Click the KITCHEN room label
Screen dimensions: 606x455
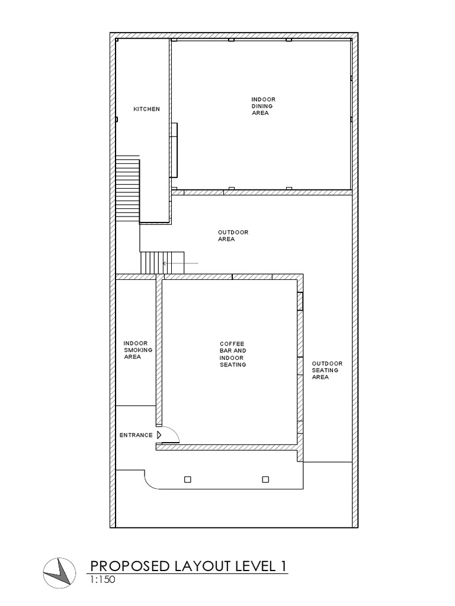[x=146, y=109]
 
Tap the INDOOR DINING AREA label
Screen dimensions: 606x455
[x=263, y=106]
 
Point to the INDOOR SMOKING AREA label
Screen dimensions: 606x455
[x=138, y=350]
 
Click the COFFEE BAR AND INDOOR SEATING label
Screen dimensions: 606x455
[x=232, y=354]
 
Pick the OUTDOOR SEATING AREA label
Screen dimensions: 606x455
[x=327, y=370]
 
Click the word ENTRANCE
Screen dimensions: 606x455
[x=136, y=435]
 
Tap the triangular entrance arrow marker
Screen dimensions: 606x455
[x=159, y=435]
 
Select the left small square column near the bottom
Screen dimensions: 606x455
[x=188, y=479]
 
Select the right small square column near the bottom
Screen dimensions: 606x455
[x=265, y=479]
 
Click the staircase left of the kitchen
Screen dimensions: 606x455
[x=127, y=188]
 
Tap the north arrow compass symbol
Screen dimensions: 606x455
[x=59, y=573]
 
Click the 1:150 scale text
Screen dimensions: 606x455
[x=102, y=581]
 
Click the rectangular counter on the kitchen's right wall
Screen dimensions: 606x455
[x=175, y=150]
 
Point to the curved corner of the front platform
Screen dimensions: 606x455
[x=149, y=483]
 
